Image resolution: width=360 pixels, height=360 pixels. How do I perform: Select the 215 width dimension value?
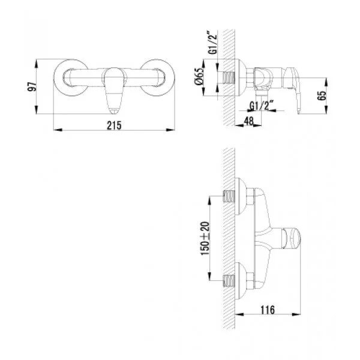115,125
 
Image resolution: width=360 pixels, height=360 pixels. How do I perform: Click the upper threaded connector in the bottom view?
231,196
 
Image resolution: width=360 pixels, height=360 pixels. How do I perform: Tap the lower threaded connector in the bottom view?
231,280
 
